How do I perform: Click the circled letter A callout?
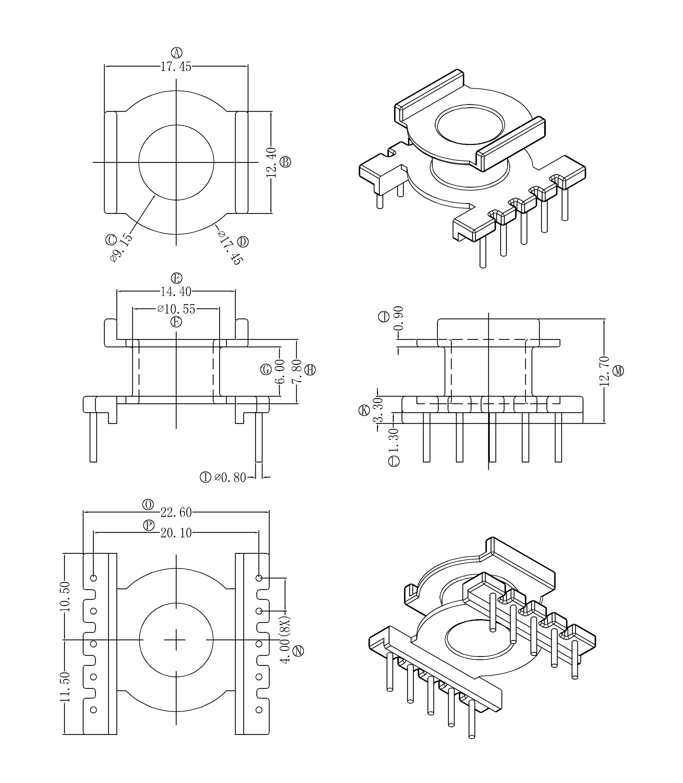coord(176,53)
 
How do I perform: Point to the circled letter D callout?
coord(243,242)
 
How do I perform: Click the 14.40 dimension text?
coord(176,292)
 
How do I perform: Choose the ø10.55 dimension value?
coord(176,309)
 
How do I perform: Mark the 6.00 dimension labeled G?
coord(280,371)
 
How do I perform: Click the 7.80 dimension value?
coord(297,371)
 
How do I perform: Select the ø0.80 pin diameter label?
coord(230,478)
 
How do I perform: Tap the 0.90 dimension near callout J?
coord(398,318)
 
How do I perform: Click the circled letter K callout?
coord(364,411)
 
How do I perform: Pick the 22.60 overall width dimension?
coord(176,513)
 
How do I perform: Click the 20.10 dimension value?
coord(176,533)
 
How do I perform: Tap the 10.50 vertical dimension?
coord(65,596)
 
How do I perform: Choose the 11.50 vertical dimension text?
coord(65,687)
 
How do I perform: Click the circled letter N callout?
coord(298,651)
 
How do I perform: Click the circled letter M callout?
coord(618,371)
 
